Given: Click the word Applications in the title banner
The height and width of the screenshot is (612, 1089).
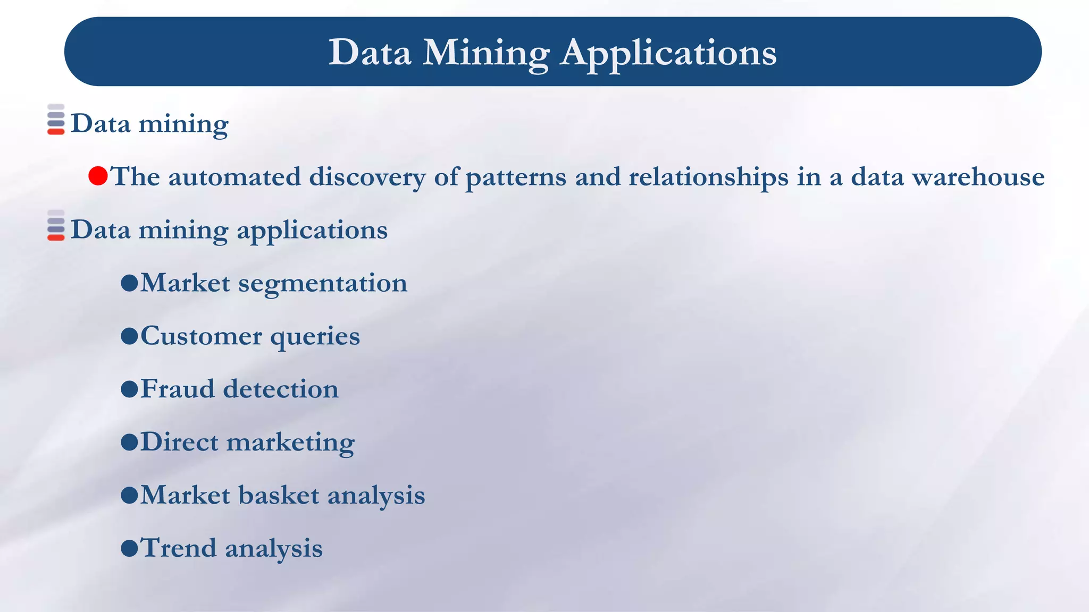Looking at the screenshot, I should pos(668,53).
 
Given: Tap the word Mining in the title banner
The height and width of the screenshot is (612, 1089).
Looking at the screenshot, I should pos(485,53).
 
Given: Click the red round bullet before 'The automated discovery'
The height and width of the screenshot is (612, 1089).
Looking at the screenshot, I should pos(98,176).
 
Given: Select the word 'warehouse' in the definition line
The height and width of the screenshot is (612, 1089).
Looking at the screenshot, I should pos(978,177).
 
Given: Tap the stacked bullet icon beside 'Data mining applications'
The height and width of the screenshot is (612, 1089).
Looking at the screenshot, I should pos(56,226).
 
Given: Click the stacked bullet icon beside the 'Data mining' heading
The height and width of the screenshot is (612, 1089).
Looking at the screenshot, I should pos(56,120).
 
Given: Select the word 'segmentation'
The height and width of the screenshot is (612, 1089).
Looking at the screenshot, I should pos(322,283).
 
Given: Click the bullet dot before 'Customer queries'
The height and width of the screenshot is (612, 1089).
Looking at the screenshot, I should pos(129,336).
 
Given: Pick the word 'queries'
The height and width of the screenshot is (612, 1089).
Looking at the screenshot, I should pos(315,337).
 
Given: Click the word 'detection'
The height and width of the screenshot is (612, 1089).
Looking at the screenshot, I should pos(280,389).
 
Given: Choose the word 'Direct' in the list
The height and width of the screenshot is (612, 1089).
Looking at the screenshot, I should pos(179,442).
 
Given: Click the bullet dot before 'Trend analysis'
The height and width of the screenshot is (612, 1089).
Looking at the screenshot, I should pos(129,548).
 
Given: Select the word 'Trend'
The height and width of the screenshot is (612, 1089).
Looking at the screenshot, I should pos(178,548).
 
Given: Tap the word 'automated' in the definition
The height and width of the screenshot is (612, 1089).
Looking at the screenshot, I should pos(234,177).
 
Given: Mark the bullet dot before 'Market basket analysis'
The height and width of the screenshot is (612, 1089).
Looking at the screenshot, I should pos(129,495).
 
